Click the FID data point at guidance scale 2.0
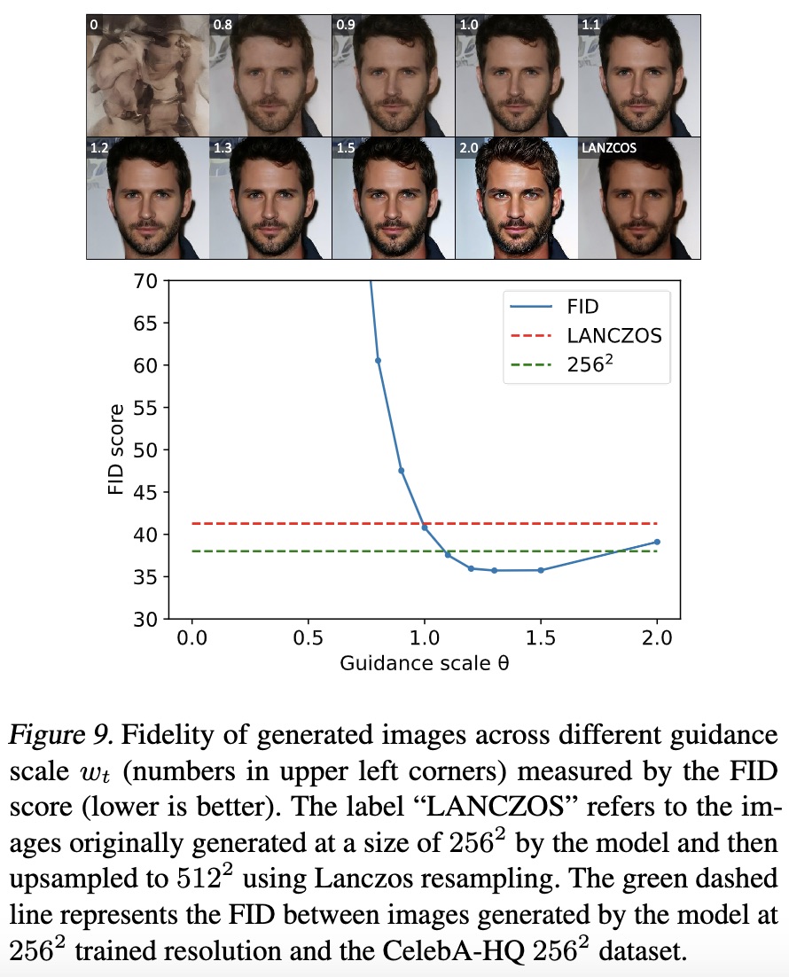[x=657, y=542]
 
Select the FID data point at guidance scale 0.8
[x=378, y=360]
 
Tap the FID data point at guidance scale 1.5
[x=541, y=570]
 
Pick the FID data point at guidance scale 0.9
[x=402, y=471]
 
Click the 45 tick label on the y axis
[x=145, y=492]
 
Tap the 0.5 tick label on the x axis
[x=308, y=638]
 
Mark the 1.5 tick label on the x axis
[x=541, y=638]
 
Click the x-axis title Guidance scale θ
[x=424, y=663]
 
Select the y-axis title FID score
[x=116, y=450]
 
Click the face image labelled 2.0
[x=516, y=197]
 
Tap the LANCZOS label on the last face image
[x=608, y=148]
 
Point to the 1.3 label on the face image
[x=222, y=148]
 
